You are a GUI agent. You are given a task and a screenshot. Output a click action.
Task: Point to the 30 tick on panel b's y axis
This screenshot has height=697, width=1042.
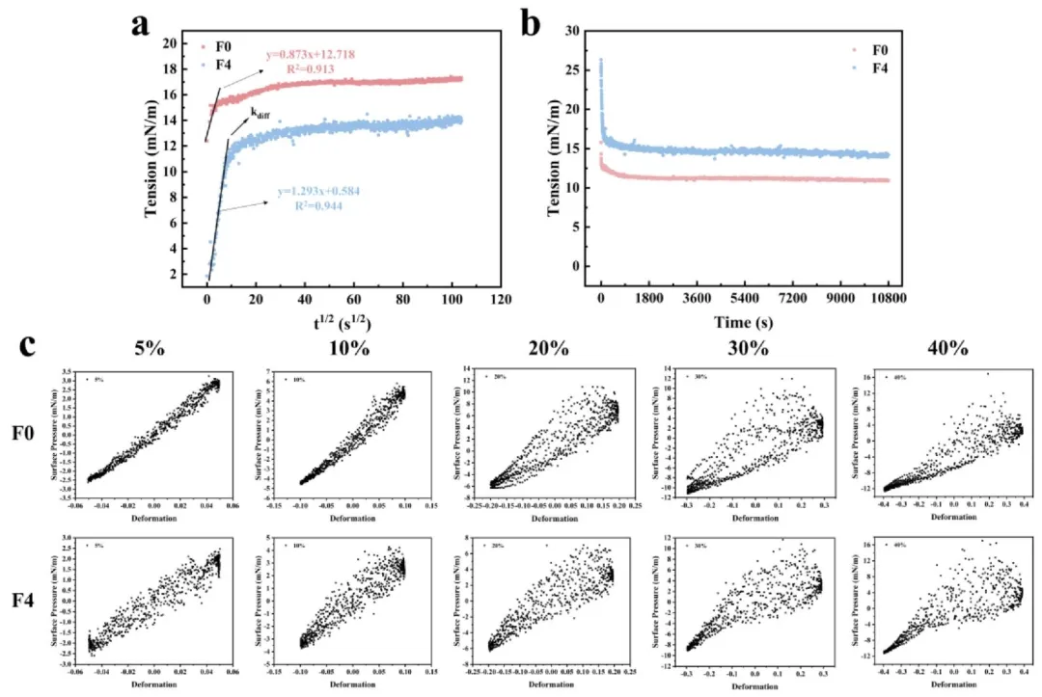(572, 31)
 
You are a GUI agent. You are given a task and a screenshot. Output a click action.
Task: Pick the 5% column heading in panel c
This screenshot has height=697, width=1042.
(149, 348)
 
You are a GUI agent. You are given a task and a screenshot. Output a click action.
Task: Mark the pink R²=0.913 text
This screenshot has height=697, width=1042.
(315, 69)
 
